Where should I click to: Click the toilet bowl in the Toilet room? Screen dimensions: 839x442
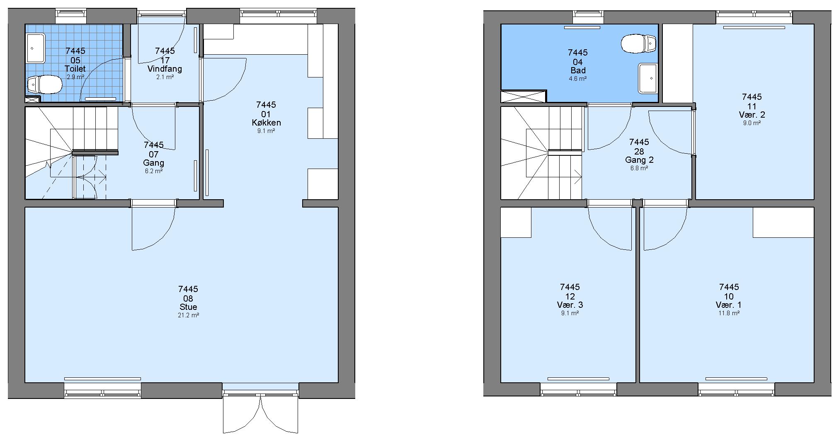(x=45, y=85)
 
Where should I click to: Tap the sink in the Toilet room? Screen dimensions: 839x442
(x=36, y=48)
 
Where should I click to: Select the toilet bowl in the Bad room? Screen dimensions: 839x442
(x=639, y=43)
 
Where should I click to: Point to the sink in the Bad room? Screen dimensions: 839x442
(x=647, y=78)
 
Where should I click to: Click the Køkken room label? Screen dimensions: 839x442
(x=266, y=123)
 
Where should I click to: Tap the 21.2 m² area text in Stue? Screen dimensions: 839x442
(x=188, y=315)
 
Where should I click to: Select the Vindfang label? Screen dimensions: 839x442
(x=165, y=69)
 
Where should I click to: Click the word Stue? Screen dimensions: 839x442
(x=188, y=307)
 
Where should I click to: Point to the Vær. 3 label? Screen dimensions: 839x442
(x=570, y=305)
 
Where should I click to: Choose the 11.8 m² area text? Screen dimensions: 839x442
(x=729, y=313)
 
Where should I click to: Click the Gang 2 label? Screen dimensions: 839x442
(x=639, y=160)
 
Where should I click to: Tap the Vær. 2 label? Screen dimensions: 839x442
(x=752, y=115)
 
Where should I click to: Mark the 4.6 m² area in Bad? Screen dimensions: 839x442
(x=578, y=79)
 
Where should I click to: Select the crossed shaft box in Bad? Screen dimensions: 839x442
(x=524, y=97)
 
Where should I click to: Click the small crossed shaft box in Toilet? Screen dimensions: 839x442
(x=32, y=99)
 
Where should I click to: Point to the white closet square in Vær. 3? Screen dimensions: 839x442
(x=516, y=222)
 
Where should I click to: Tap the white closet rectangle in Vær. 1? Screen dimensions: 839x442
(x=783, y=222)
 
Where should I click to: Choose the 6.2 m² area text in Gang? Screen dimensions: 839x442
(x=154, y=171)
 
